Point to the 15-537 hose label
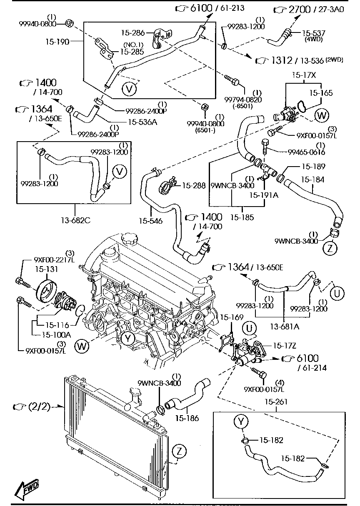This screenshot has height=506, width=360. tap(314, 32)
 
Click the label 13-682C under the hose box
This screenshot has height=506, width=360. tap(75, 220)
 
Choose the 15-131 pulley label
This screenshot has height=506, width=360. tap(46, 269)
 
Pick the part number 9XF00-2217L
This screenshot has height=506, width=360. tap(54, 260)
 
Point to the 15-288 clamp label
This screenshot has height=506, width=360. tap(194, 185)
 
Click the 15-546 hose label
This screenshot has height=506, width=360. tap(151, 221)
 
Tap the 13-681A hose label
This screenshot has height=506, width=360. tap(285, 326)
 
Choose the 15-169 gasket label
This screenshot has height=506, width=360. tap(232, 318)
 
